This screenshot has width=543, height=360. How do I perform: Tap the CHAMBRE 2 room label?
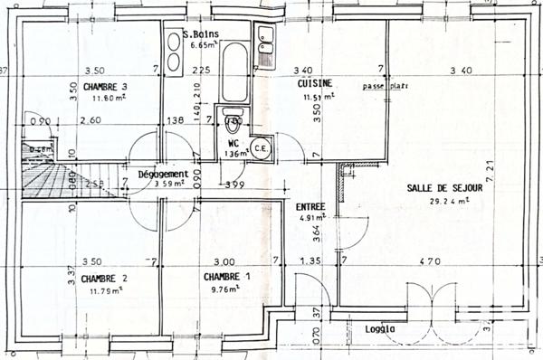104,279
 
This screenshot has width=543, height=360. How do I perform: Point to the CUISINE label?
313,83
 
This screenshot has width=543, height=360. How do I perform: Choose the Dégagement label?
163,174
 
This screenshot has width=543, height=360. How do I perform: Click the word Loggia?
381,329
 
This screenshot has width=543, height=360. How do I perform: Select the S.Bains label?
197,34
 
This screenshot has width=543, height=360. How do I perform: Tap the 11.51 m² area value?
317,95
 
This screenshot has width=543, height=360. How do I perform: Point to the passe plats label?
385,87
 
